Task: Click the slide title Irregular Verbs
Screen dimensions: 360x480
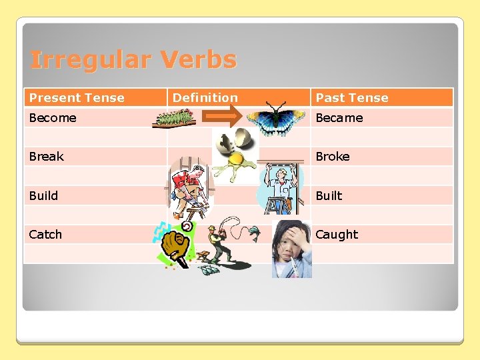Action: pyautogui.click(x=133, y=60)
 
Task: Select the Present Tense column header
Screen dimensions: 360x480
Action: pyautogui.click(x=77, y=98)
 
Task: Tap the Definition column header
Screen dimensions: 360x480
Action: pyautogui.click(x=205, y=98)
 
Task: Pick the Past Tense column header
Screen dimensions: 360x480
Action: pyautogui.click(x=351, y=98)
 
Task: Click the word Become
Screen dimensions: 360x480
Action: pyautogui.click(x=53, y=118)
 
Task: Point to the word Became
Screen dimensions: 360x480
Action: pyautogui.click(x=339, y=118)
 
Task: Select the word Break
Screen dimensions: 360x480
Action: pyautogui.click(x=46, y=157)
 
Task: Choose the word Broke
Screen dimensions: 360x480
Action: pyautogui.click(x=332, y=157)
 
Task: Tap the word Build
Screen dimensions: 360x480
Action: pyautogui.click(x=43, y=196)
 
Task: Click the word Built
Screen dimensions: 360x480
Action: pyautogui.click(x=329, y=196)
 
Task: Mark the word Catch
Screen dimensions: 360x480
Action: pyautogui.click(x=45, y=235)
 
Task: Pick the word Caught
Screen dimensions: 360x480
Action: pyautogui.click(x=337, y=235)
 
